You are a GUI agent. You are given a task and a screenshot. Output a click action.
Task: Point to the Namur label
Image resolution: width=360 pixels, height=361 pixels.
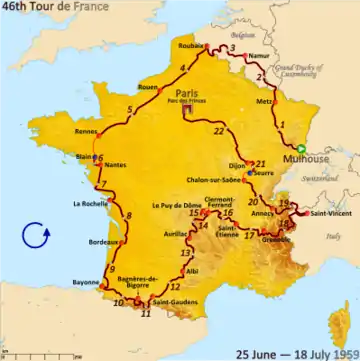click(260, 58)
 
